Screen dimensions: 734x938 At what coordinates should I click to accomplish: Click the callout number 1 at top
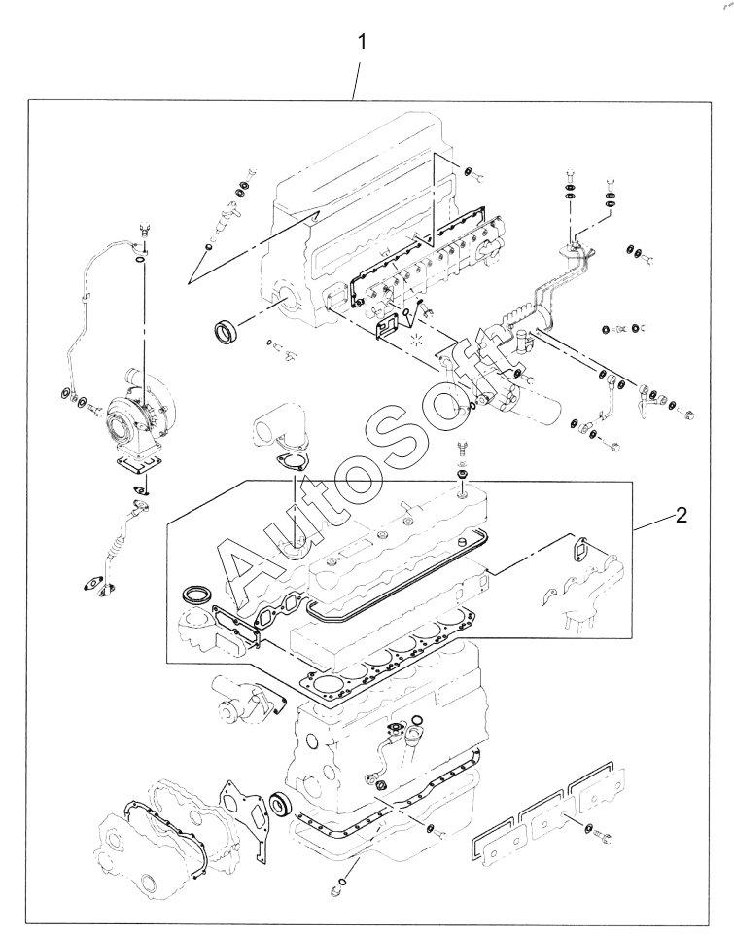click(x=361, y=43)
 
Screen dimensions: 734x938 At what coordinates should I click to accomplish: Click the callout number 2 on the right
click(x=681, y=515)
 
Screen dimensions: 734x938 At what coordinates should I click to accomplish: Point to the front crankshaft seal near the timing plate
click(x=280, y=805)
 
